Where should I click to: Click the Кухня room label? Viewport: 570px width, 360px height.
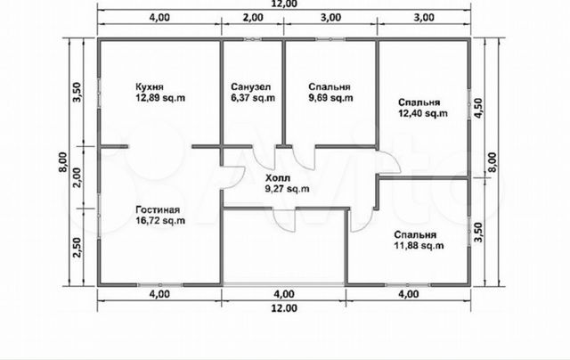point(150,87)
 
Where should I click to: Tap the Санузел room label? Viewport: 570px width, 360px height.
point(250,87)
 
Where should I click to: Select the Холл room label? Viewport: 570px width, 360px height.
point(278,178)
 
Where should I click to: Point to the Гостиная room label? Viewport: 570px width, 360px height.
point(158,210)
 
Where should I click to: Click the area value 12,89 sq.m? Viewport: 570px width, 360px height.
point(160,98)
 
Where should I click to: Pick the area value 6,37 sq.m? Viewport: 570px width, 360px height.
point(253,98)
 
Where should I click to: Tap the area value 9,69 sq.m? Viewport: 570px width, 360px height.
point(330,98)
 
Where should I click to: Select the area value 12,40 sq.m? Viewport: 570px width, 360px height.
point(423,113)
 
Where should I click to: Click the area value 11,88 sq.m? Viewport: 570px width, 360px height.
point(419,245)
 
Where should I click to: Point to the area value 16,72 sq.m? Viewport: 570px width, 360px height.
point(160,221)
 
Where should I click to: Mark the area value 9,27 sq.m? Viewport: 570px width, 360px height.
point(288,189)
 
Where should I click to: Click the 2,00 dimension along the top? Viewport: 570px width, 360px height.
point(253,17)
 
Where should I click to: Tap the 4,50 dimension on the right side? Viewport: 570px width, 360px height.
point(478,108)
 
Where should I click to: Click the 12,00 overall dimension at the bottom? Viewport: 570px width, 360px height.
point(284,308)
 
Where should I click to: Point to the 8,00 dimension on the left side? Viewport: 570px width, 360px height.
point(63,162)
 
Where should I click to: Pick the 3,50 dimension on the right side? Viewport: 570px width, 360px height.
point(478,233)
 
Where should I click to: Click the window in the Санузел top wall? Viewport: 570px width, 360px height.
point(253,39)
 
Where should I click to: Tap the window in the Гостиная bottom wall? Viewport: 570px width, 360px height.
point(160,285)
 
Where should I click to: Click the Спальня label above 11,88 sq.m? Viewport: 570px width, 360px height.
point(415,235)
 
